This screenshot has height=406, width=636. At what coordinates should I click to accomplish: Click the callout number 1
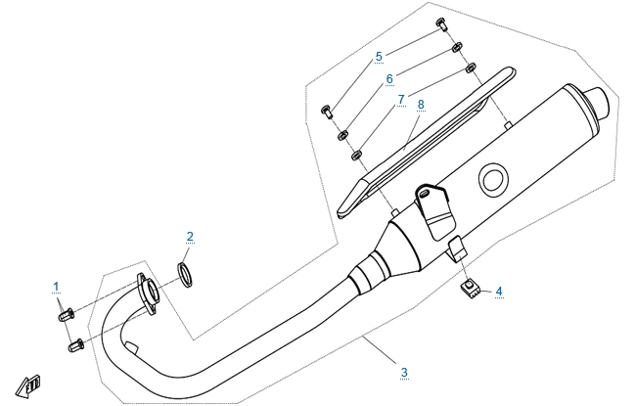57,286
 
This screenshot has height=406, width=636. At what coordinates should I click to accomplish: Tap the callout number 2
190,236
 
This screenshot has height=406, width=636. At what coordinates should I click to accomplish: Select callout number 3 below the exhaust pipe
403,372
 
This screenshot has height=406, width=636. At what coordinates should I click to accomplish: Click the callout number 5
379,57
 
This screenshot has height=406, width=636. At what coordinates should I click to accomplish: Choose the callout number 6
388,78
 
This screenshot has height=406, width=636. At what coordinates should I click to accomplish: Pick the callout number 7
400,99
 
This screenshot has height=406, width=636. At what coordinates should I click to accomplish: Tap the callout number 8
420,103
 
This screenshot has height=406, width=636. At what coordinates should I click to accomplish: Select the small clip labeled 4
471,286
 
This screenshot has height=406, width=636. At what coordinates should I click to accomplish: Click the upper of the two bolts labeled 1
65,316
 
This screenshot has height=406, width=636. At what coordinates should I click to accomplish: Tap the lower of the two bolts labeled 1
73,344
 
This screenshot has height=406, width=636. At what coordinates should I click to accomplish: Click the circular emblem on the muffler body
492,179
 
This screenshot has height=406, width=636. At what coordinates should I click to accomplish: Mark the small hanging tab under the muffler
456,248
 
